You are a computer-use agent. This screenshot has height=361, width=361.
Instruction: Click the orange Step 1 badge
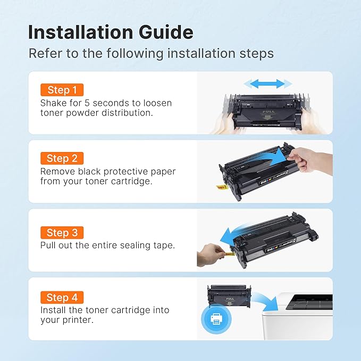pyautogui.click(x=62, y=90)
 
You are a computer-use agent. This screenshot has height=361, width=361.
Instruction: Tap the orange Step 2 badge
pyautogui.click(x=62, y=158)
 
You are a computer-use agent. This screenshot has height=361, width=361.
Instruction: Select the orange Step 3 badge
pyautogui.click(x=62, y=232)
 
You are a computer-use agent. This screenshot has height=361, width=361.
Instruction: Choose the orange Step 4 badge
pyautogui.click(x=62, y=297)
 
